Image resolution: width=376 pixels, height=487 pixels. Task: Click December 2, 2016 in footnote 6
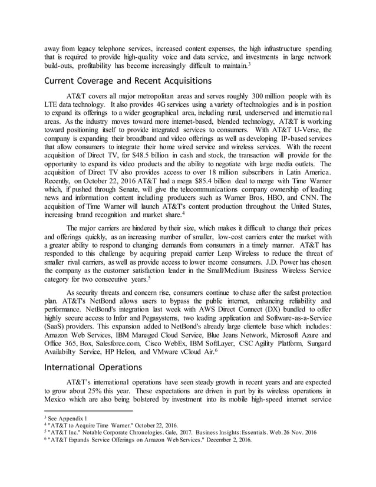coord(227,439)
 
